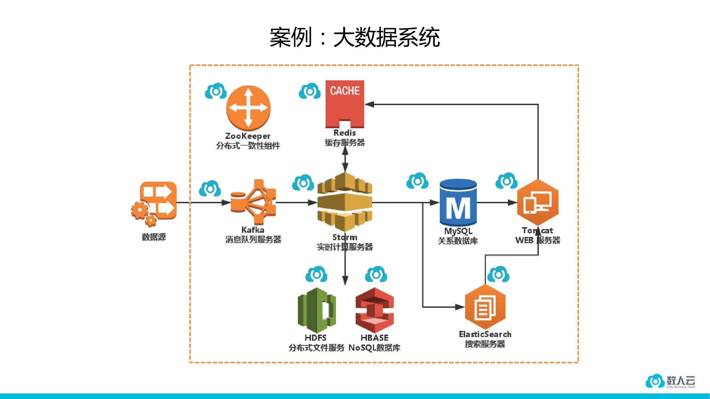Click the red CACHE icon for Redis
click(344, 104)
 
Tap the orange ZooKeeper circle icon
click(248, 108)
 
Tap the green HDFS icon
click(317, 310)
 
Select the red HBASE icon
click(375, 310)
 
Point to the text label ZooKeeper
click(248, 136)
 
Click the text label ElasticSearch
click(485, 334)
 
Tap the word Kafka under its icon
click(253, 230)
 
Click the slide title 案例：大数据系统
click(354, 37)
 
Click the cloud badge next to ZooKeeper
click(216, 91)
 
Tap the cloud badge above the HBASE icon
click(376, 274)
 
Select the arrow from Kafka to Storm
click(296, 203)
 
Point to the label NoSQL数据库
click(374, 348)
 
